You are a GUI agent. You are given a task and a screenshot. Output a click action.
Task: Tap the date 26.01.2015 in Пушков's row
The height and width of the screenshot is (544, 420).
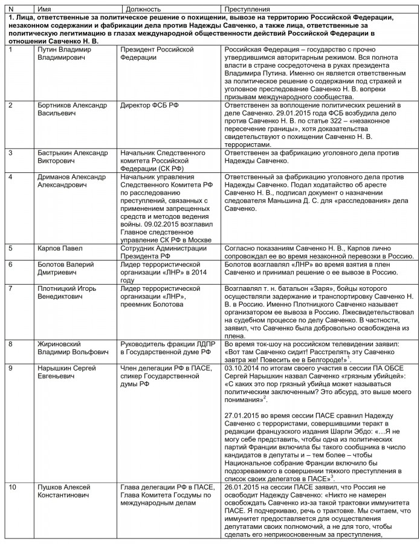241,487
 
